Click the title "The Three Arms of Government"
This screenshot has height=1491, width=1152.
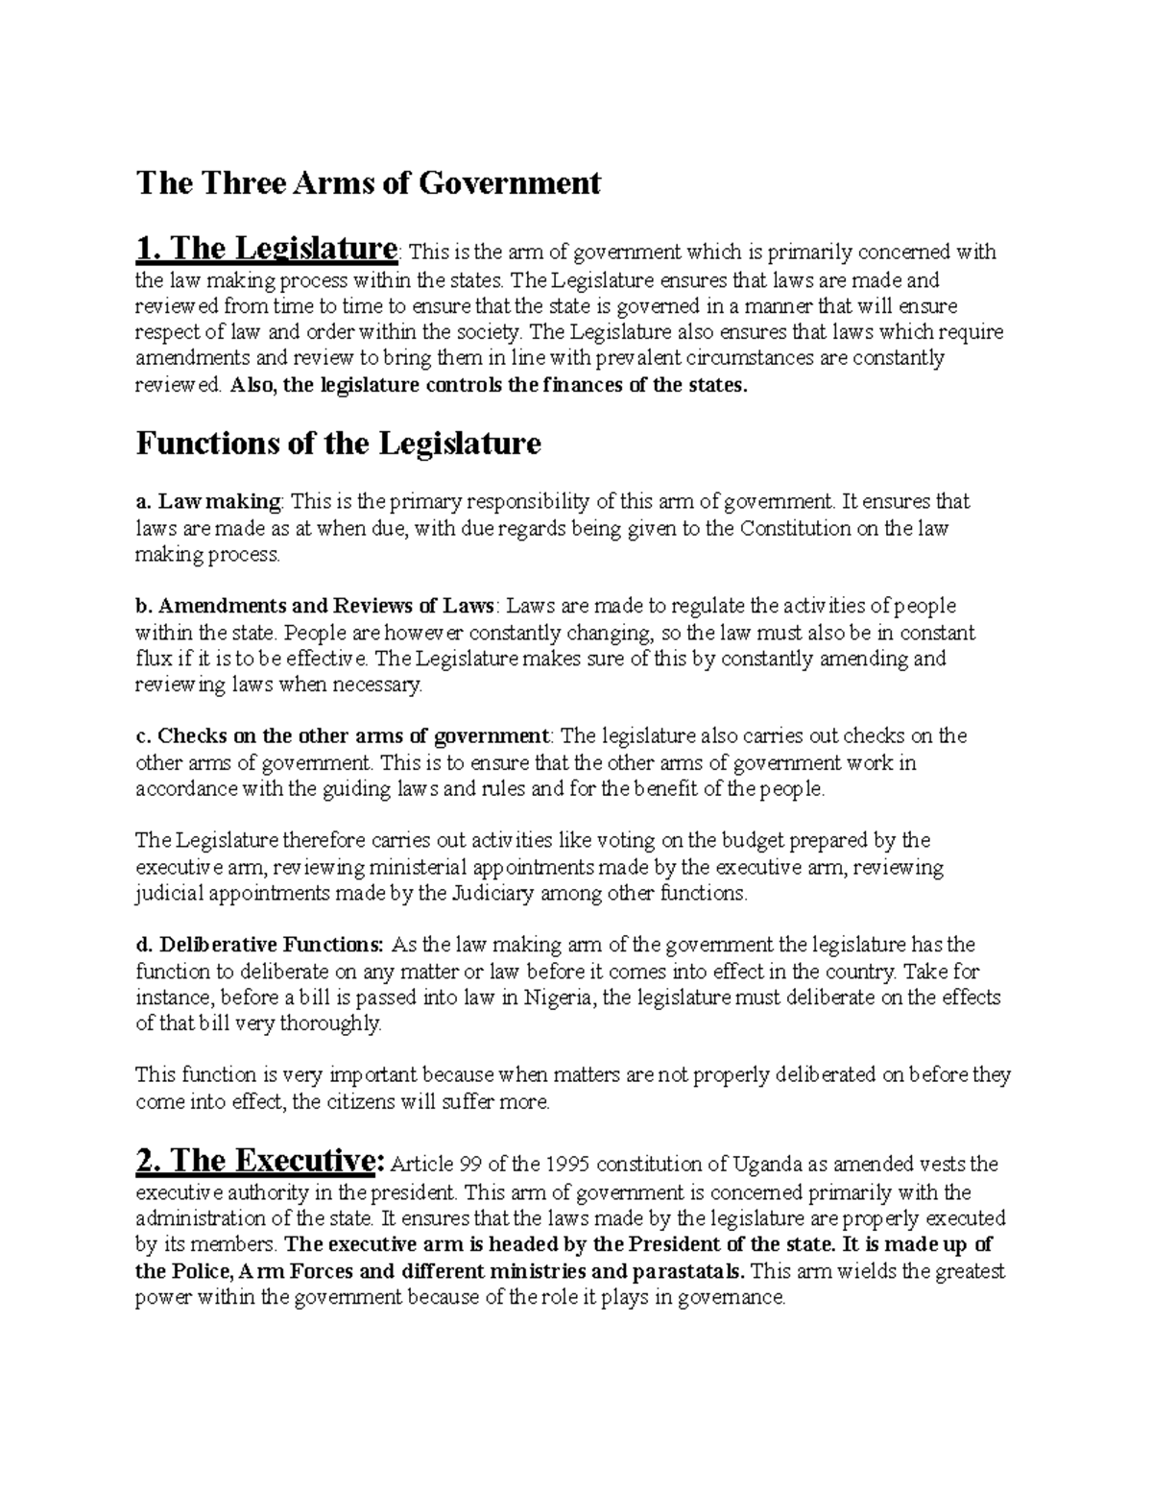click(x=369, y=182)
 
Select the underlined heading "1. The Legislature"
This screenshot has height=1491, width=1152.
click(x=266, y=250)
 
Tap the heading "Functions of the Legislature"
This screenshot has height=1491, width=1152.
click(x=339, y=445)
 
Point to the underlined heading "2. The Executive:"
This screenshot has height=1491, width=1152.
click(x=260, y=1162)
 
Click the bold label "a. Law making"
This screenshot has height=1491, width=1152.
click(x=209, y=501)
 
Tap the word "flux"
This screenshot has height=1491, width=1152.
click(x=154, y=660)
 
